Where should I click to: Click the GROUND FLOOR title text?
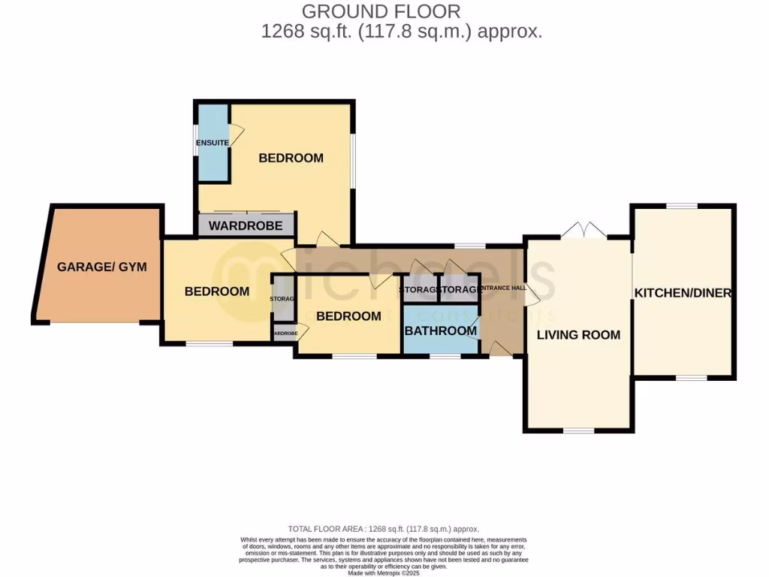[381, 12]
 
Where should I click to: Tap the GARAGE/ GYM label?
[102, 267]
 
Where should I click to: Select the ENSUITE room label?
[213, 143]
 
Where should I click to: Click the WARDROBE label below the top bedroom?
[246, 225]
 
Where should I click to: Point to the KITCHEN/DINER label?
[683, 293]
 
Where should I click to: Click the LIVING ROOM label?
[578, 334]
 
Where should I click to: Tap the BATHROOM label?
[441, 331]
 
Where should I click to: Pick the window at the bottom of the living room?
[578, 430]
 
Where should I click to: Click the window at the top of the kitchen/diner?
[682, 206]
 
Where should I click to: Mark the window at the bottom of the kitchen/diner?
[692, 378]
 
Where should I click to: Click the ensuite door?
[236, 136]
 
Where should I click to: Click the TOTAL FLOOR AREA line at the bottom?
[384, 529]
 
